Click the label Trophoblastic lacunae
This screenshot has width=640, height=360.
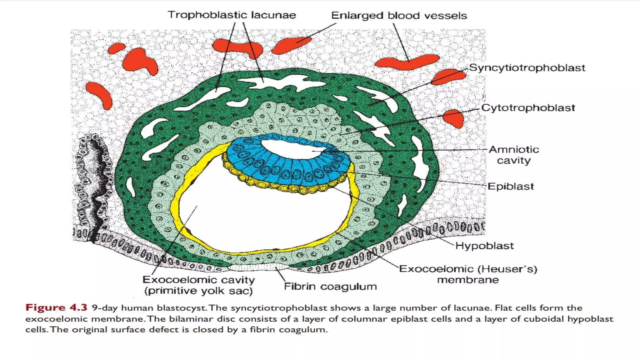coord(232,15)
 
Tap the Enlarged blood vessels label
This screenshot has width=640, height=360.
coord(399,16)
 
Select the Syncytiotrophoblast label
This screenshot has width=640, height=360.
coord(527,68)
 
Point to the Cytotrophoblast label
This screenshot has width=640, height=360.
coord(528,108)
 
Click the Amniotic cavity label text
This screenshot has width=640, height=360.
coord(514,155)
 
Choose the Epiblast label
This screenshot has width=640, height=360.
coord(511,187)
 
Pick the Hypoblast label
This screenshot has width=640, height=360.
coord(484,246)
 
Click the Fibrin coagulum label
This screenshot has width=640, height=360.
coord(330,287)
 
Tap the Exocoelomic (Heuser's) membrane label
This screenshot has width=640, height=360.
coord(468,274)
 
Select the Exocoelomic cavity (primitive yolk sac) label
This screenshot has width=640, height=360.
coord(199,285)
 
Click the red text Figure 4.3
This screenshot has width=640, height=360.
coord(56,308)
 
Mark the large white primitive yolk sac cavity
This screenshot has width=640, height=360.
coord(266,216)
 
